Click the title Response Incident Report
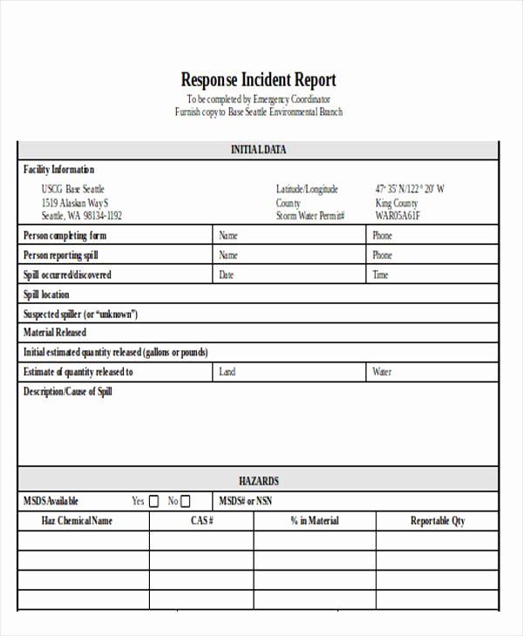coord(258,80)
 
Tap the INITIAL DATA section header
coord(258,150)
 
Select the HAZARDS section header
coord(258,481)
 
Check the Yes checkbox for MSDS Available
coord(154,501)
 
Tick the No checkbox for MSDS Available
coord(185,501)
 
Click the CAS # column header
coord(202,521)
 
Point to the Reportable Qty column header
coord(438,521)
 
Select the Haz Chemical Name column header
coord(78,521)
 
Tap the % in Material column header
coord(315,521)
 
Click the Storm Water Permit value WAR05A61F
coord(397,215)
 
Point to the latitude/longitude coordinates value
coord(410,189)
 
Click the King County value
coord(397,202)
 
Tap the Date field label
coord(227,275)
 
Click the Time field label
coord(381,275)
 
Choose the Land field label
coord(228,372)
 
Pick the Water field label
coord(383,372)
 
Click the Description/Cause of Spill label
coord(68,392)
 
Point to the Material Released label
coord(55,333)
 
